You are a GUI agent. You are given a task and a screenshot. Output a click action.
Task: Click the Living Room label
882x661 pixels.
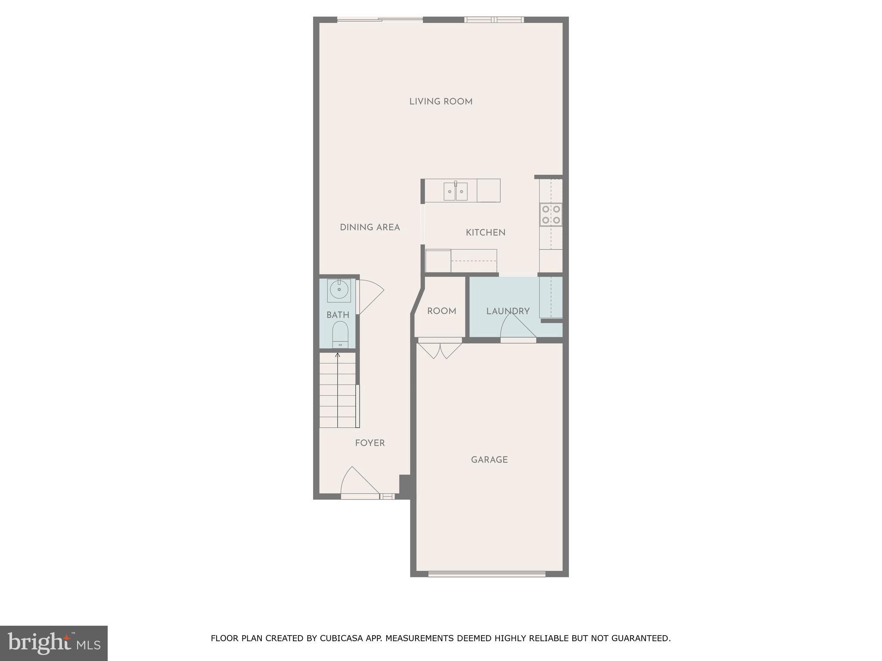pyautogui.click(x=441, y=102)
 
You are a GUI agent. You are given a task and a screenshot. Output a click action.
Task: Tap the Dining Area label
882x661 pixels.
pyautogui.click(x=370, y=227)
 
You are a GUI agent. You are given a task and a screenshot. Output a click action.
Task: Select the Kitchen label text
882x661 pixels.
pyautogui.click(x=485, y=232)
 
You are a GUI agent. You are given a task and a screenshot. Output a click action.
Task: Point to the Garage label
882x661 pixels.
pyautogui.click(x=489, y=460)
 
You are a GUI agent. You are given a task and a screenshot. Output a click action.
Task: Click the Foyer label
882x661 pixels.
pyautogui.click(x=370, y=443)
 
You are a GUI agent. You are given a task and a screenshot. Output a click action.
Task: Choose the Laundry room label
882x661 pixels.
pyautogui.click(x=508, y=311)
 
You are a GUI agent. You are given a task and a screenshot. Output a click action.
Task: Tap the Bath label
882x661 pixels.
pyautogui.click(x=338, y=315)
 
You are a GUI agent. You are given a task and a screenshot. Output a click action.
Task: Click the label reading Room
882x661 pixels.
pyautogui.click(x=441, y=311)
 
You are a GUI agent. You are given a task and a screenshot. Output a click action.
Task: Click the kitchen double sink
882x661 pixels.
pyautogui.click(x=456, y=191)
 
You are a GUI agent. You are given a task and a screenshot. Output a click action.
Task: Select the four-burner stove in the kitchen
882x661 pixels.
pyautogui.click(x=551, y=215)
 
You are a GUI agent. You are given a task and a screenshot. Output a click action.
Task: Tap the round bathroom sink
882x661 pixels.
pyautogui.click(x=339, y=290)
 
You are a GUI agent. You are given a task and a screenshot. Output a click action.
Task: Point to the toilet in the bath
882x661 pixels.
pyautogui.click(x=340, y=335)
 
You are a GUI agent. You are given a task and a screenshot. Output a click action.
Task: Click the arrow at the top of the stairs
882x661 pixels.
pyautogui.click(x=338, y=355)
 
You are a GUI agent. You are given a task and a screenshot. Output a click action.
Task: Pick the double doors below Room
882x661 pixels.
pyautogui.click(x=440, y=349)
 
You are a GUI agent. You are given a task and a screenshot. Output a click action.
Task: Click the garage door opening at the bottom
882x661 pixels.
pyautogui.click(x=487, y=574)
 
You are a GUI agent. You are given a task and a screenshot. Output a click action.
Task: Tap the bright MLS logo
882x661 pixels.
pyautogui.click(x=54, y=643)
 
